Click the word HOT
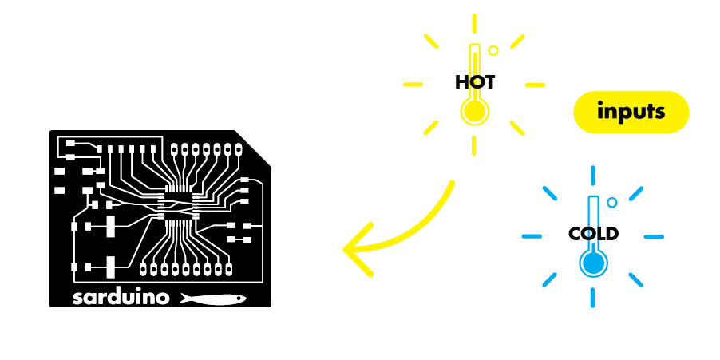[475, 82]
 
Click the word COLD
[593, 234]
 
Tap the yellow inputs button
[631, 112]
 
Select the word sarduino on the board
[121, 298]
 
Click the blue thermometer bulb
[592, 263]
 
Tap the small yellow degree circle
[493, 50]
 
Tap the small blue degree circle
[611, 203]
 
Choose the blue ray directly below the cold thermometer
[592, 298]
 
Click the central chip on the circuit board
[179, 205]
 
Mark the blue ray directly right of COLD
[653, 237]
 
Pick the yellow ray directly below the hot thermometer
[474, 144]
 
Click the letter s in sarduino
[77, 299]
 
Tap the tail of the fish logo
[184, 298]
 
